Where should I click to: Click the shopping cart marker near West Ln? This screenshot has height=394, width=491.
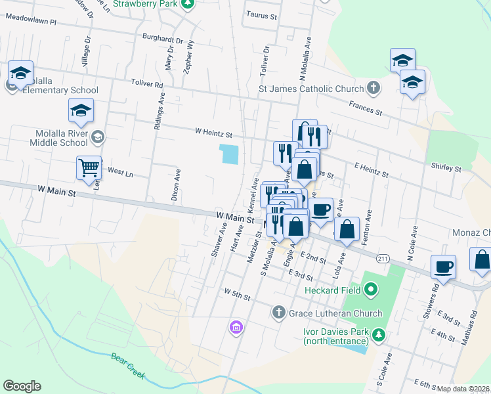89,167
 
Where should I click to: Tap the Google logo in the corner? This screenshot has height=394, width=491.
22,386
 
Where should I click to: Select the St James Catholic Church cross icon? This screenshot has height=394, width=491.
373,88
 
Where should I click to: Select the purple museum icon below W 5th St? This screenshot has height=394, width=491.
236,326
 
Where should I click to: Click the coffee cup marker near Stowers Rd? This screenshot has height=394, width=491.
443,267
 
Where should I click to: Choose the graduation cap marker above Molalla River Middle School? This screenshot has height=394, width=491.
81,110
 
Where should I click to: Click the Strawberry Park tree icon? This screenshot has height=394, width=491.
188,4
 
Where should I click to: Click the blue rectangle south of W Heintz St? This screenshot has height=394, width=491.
230,154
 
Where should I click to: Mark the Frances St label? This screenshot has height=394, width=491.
366,107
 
